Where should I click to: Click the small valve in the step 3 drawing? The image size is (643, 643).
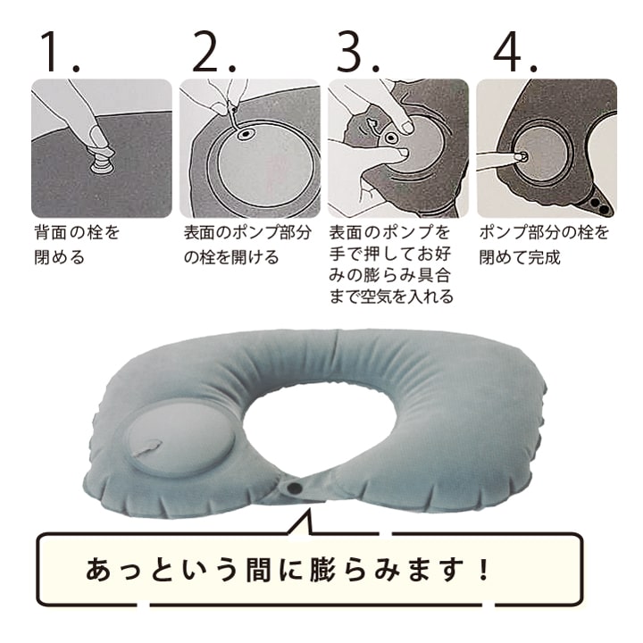coord(391,138)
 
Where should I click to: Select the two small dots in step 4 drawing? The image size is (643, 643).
coord(604,205)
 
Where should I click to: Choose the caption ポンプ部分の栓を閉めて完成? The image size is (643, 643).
coord(544,245)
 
